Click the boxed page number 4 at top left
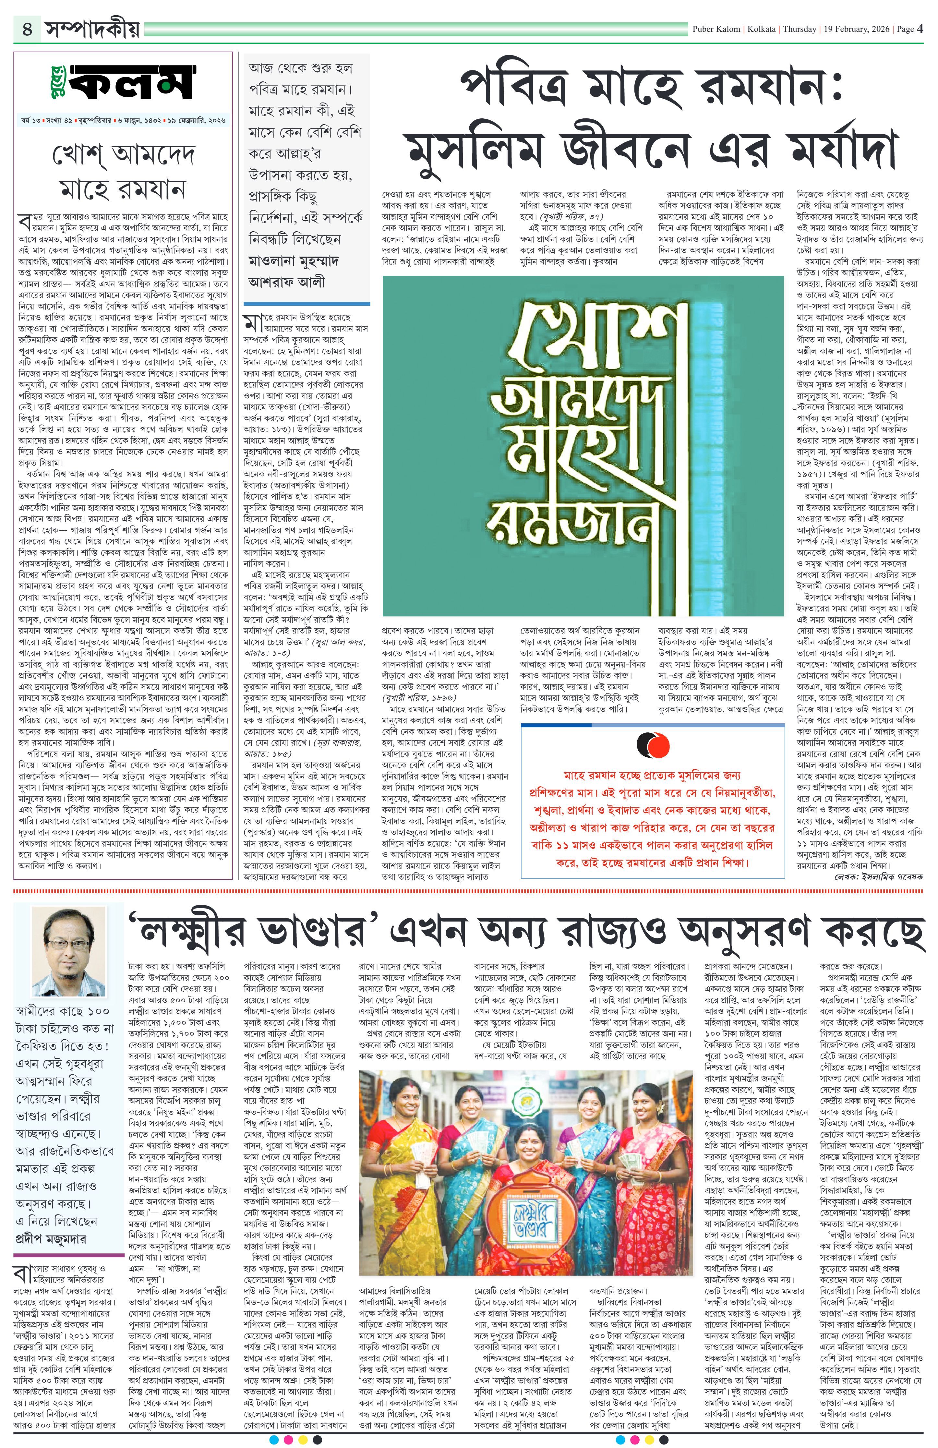[x=27, y=29]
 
